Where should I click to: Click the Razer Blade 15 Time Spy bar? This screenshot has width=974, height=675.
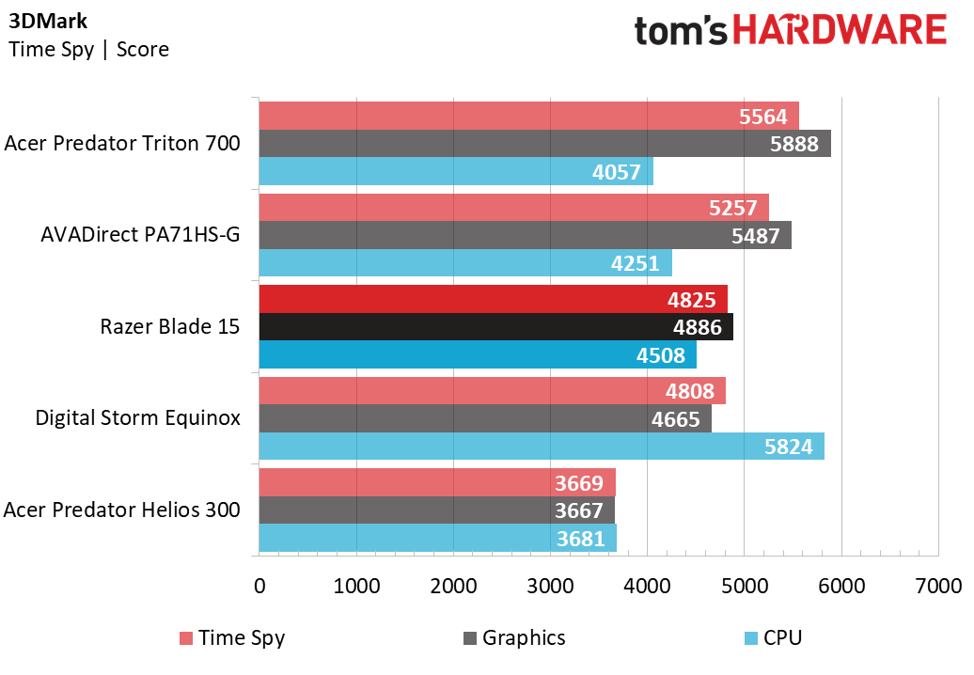[494, 299]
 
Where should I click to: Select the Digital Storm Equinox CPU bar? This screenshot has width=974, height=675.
[542, 446]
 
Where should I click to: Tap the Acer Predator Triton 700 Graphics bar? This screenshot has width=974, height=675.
[544, 144]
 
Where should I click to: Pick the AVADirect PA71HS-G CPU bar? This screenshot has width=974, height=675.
[465, 262]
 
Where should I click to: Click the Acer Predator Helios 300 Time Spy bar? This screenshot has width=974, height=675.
[437, 482]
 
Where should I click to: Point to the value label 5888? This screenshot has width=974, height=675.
[793, 144]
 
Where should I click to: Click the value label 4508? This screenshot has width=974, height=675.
[660, 355]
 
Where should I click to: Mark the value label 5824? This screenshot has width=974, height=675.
[788, 447]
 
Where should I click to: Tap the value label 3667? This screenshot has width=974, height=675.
[578, 510]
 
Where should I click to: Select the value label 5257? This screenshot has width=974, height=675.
[733, 208]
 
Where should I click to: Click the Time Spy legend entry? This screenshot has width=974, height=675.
[232, 637]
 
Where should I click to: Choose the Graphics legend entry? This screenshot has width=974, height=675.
[514, 637]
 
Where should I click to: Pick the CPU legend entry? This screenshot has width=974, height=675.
[774, 637]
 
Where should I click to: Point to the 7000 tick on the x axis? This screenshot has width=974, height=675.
[938, 586]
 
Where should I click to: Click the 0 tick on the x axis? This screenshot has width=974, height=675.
[259, 586]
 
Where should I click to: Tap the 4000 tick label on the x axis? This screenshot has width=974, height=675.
[647, 586]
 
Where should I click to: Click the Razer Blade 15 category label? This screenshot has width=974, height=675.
[169, 326]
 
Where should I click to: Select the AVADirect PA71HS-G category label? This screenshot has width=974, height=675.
[140, 235]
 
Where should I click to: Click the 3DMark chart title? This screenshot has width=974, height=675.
[48, 21]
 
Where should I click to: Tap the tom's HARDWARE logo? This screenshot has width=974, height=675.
[790, 30]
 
